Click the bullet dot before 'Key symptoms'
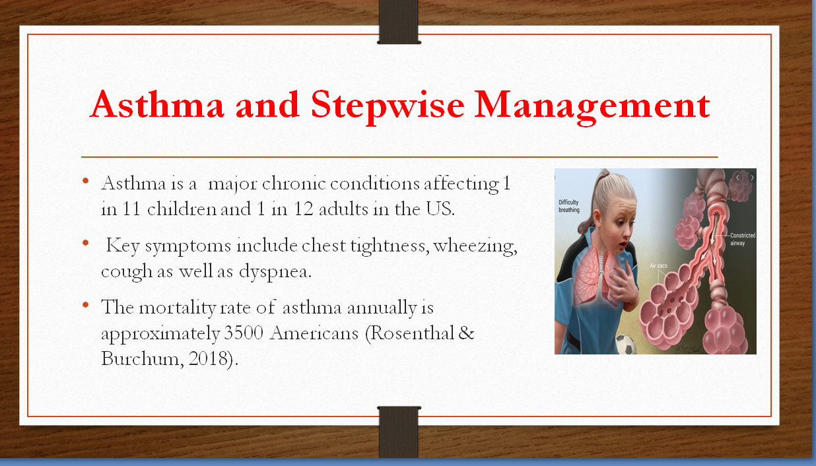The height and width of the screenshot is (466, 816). point(86,243)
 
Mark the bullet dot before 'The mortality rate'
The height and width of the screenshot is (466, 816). point(86,306)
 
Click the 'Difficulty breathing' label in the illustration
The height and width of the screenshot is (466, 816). point(568,206)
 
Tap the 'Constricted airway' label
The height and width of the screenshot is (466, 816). point(742,239)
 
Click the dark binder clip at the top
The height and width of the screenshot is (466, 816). point(399,23)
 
